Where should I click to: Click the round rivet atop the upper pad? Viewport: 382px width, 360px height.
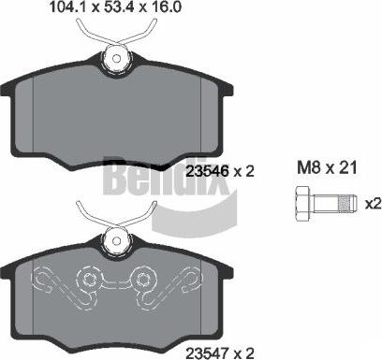[x=118, y=57]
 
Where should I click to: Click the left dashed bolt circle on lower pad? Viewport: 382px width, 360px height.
[x=89, y=280]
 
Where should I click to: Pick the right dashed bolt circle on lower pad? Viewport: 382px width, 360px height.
[x=147, y=280]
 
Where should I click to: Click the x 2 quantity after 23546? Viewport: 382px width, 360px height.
[x=245, y=171]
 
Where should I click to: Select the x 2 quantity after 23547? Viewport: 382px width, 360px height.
[x=244, y=351]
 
